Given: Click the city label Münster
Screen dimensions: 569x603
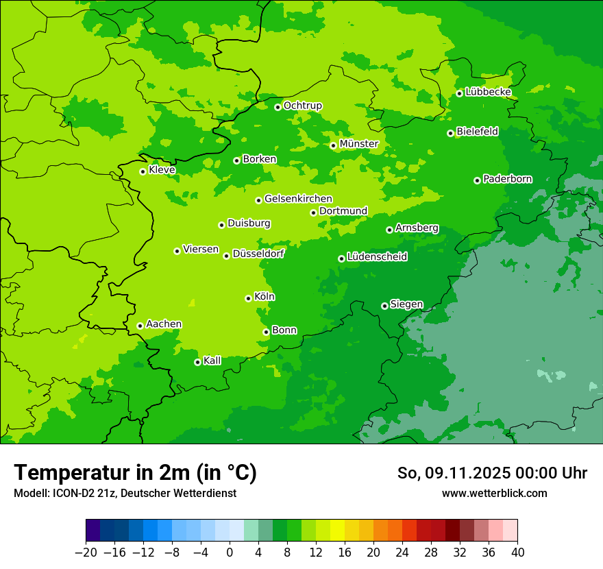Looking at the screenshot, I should click(359, 144).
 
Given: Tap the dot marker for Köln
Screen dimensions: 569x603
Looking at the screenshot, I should click(248, 298).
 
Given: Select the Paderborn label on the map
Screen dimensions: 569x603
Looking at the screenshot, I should click(507, 179).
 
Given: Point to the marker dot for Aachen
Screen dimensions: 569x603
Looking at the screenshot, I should click(140, 326).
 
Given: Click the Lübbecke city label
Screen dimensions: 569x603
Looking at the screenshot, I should click(488, 92).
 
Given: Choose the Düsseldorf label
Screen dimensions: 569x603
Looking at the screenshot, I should click(258, 254).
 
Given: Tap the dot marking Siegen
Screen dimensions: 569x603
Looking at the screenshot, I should click(384, 306).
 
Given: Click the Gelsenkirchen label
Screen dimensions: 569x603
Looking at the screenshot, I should click(298, 199).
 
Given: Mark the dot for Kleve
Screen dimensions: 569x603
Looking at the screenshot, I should click(143, 171).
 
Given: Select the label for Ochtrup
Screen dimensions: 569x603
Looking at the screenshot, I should click(302, 106).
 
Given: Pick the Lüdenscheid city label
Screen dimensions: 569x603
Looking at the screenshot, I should click(377, 257).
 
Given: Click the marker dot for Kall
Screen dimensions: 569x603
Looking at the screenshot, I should click(197, 362).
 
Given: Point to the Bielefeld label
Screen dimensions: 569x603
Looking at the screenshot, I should click(477, 131).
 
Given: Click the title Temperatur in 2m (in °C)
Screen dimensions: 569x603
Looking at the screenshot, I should click(135, 472).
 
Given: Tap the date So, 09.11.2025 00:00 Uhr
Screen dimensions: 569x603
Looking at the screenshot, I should click(492, 473).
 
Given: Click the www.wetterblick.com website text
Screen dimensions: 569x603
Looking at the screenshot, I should click(494, 493).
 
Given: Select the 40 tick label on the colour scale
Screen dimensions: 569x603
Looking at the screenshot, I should click(517, 553).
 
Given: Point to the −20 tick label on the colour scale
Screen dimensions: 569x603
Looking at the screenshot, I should click(86, 553).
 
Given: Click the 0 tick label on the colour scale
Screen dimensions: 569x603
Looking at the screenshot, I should click(230, 553).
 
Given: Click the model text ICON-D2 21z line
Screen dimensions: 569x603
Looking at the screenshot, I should click(125, 493).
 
